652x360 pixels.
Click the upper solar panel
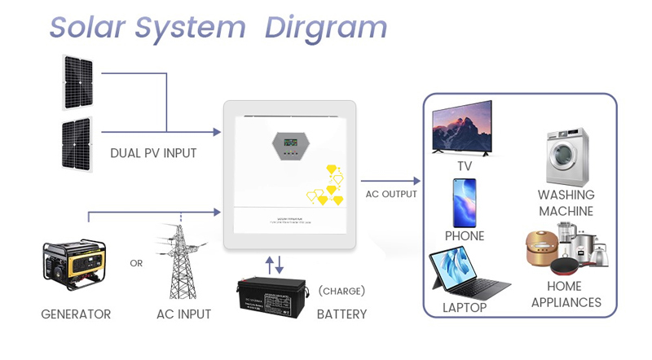pos(78,81)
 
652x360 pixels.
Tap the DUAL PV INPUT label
pos(153,153)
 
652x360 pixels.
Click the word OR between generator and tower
pos(136,263)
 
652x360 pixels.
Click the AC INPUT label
pos(183,314)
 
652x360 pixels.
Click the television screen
pos(462,126)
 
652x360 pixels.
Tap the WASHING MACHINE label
pos(566,203)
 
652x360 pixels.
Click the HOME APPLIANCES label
pos(566,294)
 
